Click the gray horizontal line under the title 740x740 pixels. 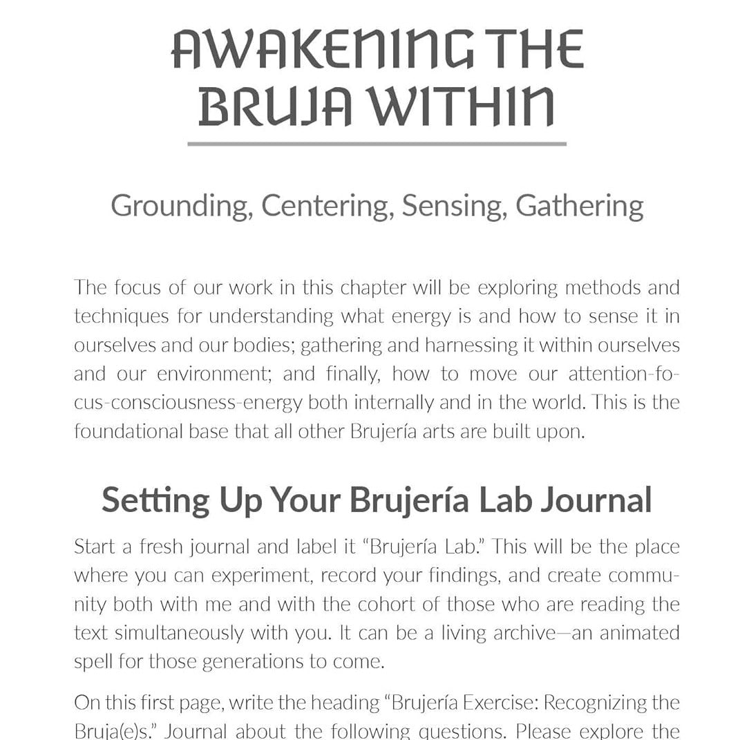coord(377,144)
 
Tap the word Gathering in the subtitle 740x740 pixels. coord(580,206)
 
